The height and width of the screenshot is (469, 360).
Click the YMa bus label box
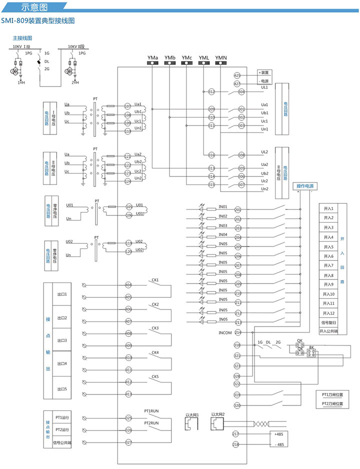click(152, 59)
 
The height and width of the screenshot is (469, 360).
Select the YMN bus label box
click(221, 59)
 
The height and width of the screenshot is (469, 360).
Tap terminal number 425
click(237, 75)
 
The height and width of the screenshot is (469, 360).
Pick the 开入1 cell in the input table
click(328, 208)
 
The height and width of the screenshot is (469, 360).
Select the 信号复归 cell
click(328, 322)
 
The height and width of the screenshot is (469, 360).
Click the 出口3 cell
click(62, 340)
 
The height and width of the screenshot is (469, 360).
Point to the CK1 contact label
click(155, 280)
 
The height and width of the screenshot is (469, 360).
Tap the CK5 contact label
click(155, 376)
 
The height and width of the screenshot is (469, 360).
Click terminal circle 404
click(128, 285)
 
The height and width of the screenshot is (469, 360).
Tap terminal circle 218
click(236, 444)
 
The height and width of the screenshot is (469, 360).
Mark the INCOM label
click(225, 332)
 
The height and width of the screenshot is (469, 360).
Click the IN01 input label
click(223, 206)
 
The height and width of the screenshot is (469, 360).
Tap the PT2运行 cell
click(62, 430)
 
